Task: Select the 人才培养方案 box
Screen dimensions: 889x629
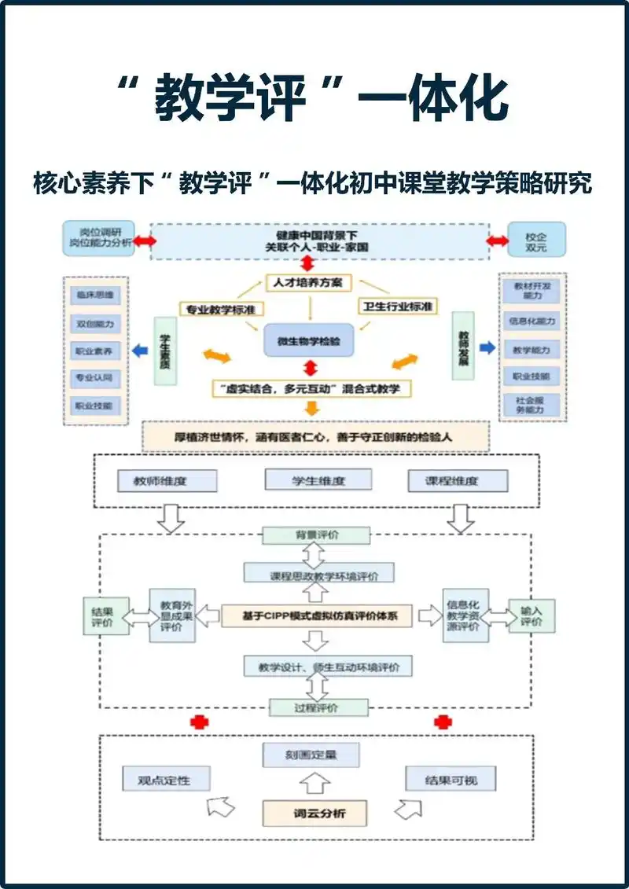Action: [x=309, y=282]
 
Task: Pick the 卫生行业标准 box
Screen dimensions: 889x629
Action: [x=398, y=306]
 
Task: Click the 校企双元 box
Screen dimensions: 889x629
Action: [x=536, y=241]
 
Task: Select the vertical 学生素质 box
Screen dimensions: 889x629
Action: [x=165, y=350]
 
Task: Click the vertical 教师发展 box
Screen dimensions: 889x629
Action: [x=463, y=345]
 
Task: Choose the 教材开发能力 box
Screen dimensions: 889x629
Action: [x=532, y=292]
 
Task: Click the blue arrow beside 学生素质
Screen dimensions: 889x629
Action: [x=140, y=351]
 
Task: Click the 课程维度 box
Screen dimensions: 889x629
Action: [x=458, y=480]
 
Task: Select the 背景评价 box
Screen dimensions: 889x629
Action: [x=316, y=535]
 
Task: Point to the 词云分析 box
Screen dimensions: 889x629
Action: [x=314, y=813]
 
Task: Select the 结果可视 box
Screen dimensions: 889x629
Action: [x=451, y=780]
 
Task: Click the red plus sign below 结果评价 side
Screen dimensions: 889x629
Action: [x=199, y=722]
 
